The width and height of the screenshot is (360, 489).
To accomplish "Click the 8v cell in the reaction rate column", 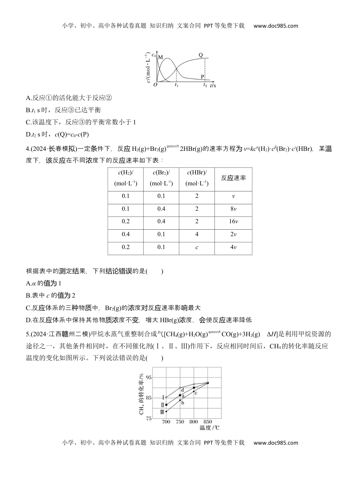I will pyautogui.click(x=233, y=209).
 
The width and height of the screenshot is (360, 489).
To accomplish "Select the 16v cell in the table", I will pyautogui.click(x=233, y=222).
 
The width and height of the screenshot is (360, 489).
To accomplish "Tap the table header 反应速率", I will pyautogui.click(x=233, y=178).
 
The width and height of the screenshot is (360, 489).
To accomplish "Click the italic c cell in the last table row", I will pyautogui.click(x=197, y=247).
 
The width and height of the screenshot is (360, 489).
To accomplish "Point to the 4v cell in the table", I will pyautogui.click(x=233, y=247).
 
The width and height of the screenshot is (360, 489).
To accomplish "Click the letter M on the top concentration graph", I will pyautogui.click(x=160, y=57).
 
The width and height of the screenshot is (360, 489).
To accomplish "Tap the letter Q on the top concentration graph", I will pyautogui.click(x=201, y=55).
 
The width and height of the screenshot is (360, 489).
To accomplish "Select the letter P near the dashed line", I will pyautogui.click(x=202, y=77).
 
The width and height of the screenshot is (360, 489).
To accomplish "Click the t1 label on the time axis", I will pyautogui.click(x=177, y=86).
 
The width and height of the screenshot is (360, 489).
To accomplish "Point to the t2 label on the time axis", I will pyautogui.click(x=205, y=86).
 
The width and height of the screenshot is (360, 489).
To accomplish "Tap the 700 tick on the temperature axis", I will pyautogui.click(x=166, y=422).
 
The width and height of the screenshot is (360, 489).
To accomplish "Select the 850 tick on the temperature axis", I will pyautogui.click(x=207, y=422).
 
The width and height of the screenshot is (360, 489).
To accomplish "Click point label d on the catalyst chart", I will pyautogui.click(x=182, y=390).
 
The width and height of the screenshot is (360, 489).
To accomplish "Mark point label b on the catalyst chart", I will pyautogui.click(x=182, y=403).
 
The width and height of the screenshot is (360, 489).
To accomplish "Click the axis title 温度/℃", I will pyautogui.click(x=210, y=428).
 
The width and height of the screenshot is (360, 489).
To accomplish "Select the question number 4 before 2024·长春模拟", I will pyautogui.click(x=28, y=149).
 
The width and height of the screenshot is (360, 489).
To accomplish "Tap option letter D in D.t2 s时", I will pyautogui.click(x=28, y=134).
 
